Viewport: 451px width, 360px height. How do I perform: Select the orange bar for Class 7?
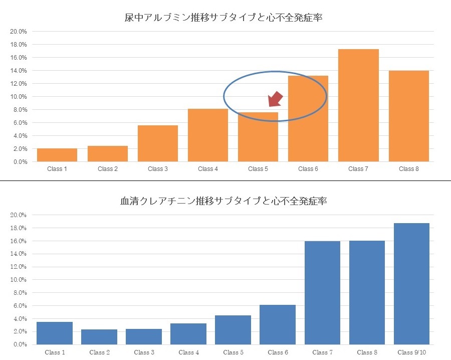[x=358, y=105]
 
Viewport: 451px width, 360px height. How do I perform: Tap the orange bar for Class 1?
[x=57, y=155]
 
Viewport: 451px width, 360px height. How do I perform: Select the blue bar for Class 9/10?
[x=411, y=284]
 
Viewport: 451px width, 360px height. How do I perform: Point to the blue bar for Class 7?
[x=322, y=293]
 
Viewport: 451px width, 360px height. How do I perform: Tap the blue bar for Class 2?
[x=99, y=337]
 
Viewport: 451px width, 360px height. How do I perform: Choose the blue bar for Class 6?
[x=278, y=324]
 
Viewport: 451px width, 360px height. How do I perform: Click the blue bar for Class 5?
[x=233, y=330]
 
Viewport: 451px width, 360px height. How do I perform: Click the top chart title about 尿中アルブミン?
[x=222, y=18]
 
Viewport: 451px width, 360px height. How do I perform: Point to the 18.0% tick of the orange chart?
[x=19, y=45]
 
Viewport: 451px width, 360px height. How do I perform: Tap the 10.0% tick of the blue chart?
[x=19, y=280]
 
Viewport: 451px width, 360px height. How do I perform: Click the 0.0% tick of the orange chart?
[x=20, y=162]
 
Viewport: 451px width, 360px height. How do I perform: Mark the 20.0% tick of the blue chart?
[x=19, y=215]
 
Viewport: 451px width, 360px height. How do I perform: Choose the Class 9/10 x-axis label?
[x=411, y=352]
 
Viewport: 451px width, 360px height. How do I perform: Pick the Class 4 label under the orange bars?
[x=207, y=169]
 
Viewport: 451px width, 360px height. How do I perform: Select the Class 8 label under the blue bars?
[x=367, y=352]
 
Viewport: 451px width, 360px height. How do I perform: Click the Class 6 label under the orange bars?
[x=308, y=169]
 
